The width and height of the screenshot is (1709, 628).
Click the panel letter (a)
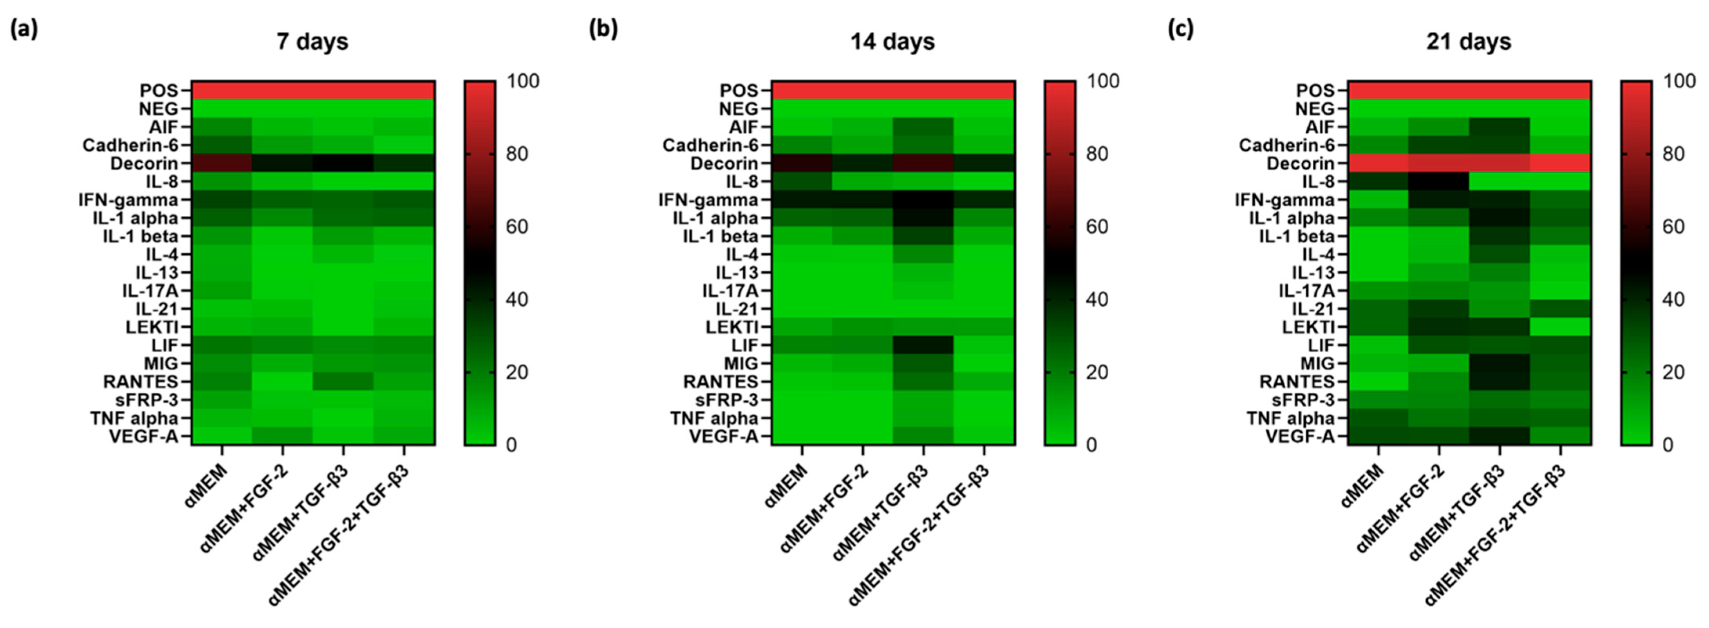point(24,30)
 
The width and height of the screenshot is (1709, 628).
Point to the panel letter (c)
point(1181,30)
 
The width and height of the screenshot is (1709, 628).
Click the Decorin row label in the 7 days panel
point(144,163)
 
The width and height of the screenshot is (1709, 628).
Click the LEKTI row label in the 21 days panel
point(1308,327)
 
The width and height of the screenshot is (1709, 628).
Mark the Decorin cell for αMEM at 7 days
point(222,163)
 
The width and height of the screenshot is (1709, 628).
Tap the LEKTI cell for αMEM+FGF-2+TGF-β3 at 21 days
point(1561,327)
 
